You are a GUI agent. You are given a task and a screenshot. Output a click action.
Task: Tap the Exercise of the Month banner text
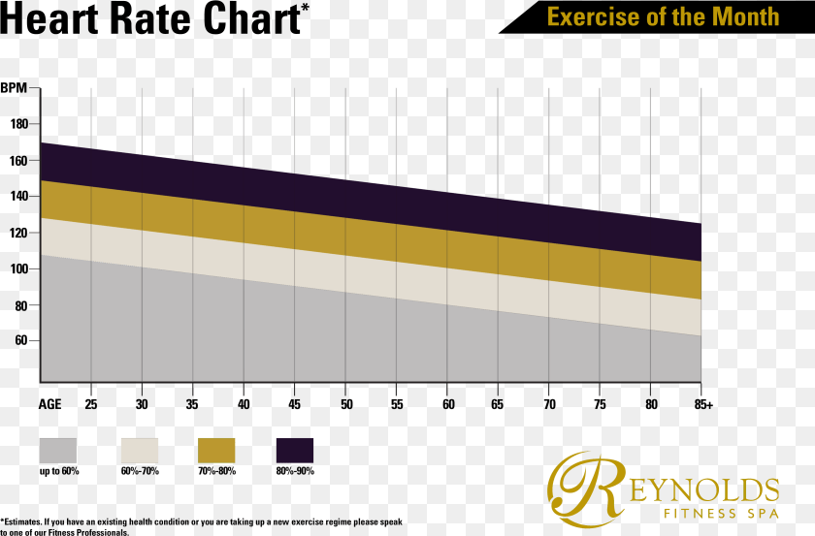click(x=663, y=16)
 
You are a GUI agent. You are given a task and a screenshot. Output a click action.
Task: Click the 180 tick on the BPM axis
click(x=19, y=124)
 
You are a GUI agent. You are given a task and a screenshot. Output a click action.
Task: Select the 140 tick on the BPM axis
click(x=19, y=196)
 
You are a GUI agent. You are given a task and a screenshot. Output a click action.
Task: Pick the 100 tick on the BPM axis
click(x=19, y=268)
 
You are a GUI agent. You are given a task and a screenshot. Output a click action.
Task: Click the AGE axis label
click(x=50, y=403)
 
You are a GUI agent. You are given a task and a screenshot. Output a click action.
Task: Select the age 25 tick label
click(x=91, y=403)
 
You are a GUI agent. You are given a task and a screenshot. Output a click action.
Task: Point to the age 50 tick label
click(x=346, y=403)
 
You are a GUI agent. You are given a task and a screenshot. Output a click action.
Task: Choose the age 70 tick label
click(x=549, y=403)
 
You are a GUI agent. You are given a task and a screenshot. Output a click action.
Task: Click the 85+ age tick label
click(x=703, y=403)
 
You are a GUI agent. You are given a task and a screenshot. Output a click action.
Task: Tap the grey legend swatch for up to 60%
click(x=58, y=450)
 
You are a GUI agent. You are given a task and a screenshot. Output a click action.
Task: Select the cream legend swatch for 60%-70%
click(x=139, y=450)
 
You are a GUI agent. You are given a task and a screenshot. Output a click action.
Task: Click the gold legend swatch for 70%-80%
click(x=216, y=450)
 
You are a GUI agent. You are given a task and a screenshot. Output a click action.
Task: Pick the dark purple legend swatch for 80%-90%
click(x=295, y=450)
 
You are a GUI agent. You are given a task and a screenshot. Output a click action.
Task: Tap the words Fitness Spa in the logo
click(x=720, y=512)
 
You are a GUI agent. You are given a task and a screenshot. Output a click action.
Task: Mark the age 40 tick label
click(x=244, y=403)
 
